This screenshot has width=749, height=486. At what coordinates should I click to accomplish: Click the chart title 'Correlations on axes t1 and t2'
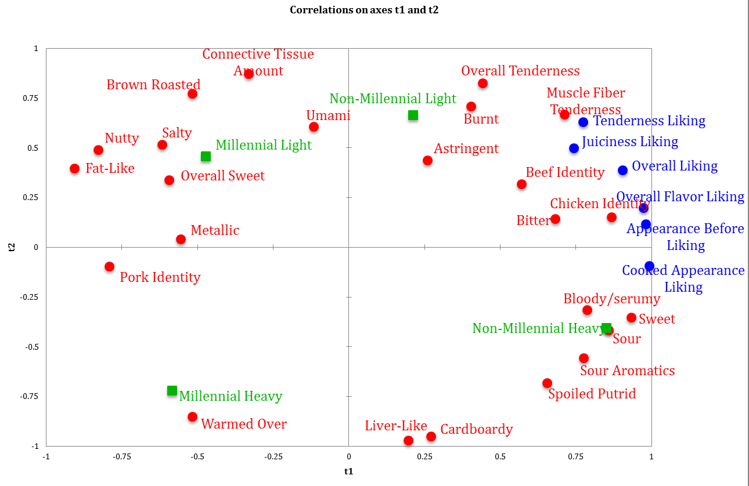pos(364,10)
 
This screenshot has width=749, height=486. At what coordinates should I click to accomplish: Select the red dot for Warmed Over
pos(192,417)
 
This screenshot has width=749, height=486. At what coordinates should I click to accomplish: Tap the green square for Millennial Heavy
pos(172,391)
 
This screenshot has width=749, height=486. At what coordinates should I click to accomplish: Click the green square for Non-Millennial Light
pos(413,115)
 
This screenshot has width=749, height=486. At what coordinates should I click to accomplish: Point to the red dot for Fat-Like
pos(74,169)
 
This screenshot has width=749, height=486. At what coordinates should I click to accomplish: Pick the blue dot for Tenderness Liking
pos(583,122)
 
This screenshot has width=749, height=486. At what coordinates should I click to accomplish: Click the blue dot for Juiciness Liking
pos(574,148)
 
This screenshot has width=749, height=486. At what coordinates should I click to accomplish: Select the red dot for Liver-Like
pos(408,441)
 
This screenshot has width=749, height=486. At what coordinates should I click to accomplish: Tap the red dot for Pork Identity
pos(109,267)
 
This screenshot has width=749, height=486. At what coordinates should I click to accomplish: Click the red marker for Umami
pos(314,127)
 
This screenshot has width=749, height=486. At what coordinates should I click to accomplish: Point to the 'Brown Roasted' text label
pos(153,85)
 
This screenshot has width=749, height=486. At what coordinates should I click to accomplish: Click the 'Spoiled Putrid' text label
pos(592,394)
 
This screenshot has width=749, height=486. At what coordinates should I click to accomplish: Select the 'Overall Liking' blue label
pos(675,166)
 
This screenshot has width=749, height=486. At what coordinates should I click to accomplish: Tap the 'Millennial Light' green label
pos(264,145)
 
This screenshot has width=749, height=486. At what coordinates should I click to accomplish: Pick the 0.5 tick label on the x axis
pos(500,456)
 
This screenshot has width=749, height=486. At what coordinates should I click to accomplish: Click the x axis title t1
pos(348,472)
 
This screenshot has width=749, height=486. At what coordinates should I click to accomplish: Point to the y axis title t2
pos(10,247)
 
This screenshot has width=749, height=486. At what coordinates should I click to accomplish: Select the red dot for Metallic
pos(181,240)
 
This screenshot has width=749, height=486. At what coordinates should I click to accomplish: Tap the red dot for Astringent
pos(427,161)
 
